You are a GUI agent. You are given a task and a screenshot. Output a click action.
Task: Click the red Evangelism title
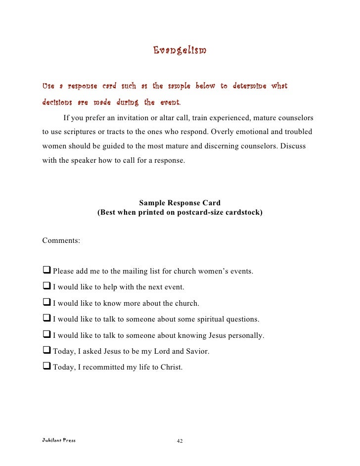180,50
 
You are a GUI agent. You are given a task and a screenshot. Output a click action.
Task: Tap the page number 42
180,441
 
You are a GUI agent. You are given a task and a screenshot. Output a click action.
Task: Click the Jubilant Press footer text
59,439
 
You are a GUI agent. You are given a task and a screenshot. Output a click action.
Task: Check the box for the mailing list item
47,271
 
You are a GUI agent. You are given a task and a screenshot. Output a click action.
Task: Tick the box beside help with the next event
47,287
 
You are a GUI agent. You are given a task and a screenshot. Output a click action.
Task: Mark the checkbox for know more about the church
47,303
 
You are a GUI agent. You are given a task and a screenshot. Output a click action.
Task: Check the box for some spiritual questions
47,319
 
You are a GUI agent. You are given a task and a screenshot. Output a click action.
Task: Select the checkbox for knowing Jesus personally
47,335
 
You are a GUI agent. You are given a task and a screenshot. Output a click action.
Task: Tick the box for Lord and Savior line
47,351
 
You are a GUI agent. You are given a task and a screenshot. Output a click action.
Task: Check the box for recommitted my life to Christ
47,367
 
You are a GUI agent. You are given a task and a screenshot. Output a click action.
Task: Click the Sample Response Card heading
180,203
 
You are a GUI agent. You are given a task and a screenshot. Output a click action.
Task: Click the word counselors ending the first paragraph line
295,119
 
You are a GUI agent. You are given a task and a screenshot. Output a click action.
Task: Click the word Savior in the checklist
197,352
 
